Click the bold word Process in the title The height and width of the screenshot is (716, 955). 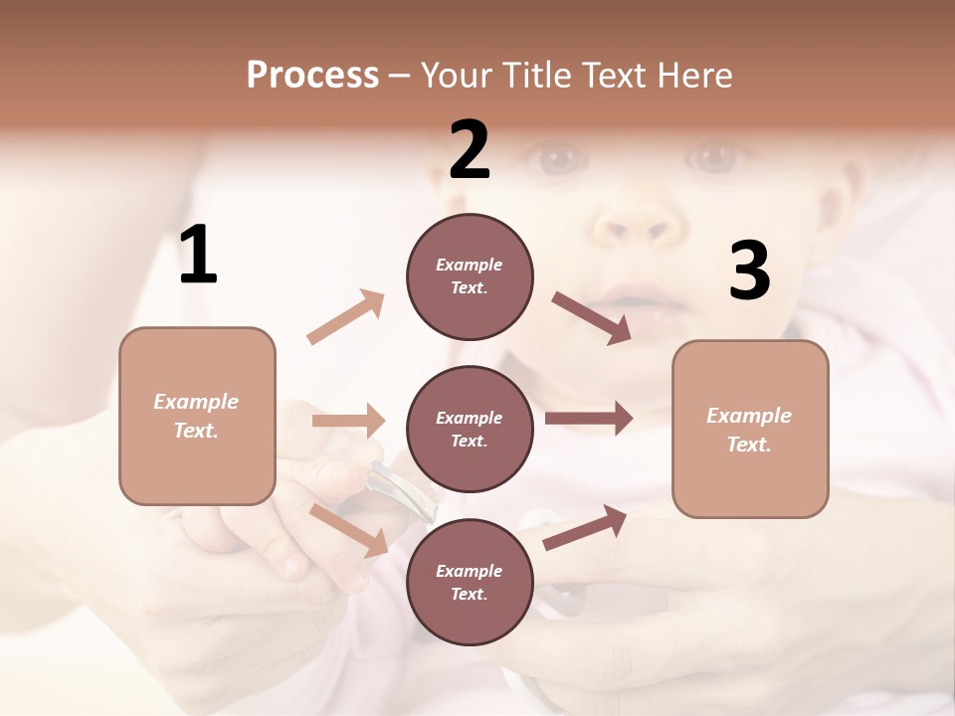[x=312, y=76]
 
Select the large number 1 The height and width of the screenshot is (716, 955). [x=198, y=256]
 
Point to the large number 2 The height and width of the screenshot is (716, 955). [x=470, y=150]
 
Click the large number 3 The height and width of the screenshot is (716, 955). [x=749, y=271]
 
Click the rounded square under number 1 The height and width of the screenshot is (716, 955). [x=197, y=416]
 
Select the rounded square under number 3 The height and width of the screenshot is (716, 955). [x=750, y=429]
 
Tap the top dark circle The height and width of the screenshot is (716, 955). [x=470, y=276]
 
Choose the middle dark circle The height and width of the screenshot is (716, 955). [x=470, y=429]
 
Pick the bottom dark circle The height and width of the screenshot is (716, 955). [x=470, y=582]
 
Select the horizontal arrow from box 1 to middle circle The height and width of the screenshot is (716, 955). [x=348, y=421]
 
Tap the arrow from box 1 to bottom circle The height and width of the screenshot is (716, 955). [x=349, y=530]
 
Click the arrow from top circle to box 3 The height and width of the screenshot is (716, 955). [x=592, y=318]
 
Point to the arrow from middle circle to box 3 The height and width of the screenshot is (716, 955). [x=589, y=419]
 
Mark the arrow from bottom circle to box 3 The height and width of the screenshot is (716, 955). [x=586, y=527]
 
